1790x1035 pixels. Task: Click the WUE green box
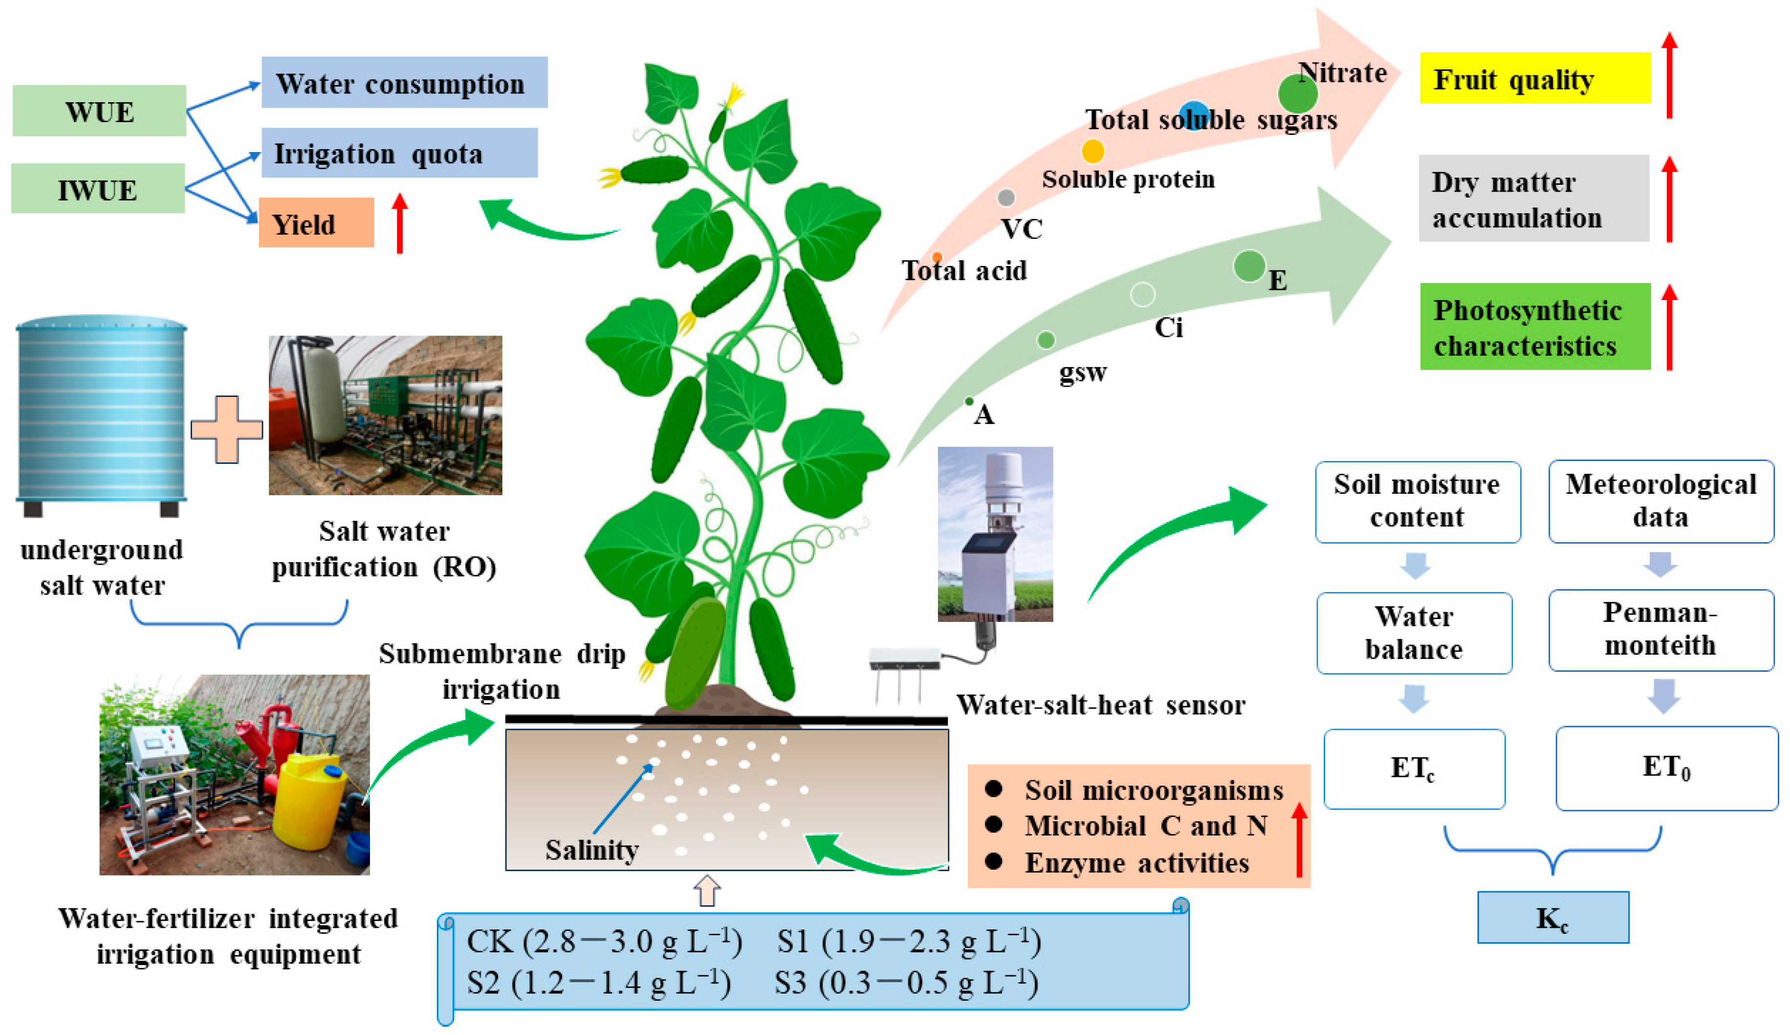point(99,111)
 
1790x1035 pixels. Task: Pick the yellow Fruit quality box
point(1534,78)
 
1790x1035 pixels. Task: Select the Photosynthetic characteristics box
point(1534,327)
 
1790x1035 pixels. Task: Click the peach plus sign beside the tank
point(227,430)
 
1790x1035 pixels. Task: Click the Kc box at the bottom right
point(1553,918)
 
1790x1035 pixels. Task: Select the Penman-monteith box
point(1660,629)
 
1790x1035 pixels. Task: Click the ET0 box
point(1666,768)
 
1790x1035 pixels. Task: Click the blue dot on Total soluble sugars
point(1194,115)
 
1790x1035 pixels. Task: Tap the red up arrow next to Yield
point(400,223)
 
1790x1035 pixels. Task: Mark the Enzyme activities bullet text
point(1136,863)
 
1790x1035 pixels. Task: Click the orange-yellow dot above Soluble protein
point(1092,151)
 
